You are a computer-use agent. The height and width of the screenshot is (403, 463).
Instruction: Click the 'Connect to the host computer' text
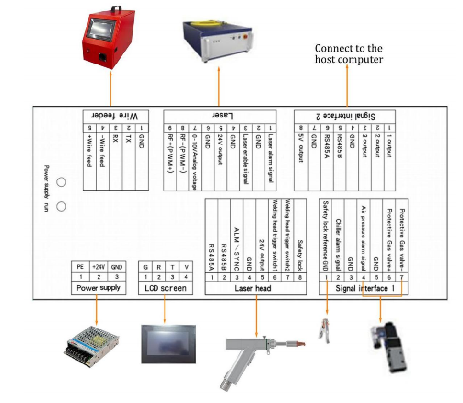(x=349, y=54)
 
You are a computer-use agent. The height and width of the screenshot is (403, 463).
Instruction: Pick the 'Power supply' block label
(x=98, y=288)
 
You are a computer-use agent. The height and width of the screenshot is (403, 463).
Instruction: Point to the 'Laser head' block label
(x=253, y=288)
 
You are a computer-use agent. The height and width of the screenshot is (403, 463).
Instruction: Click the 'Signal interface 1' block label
(x=362, y=288)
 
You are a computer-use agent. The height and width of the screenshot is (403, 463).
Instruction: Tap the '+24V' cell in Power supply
(x=98, y=267)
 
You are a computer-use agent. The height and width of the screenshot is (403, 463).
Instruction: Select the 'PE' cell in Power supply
(x=80, y=267)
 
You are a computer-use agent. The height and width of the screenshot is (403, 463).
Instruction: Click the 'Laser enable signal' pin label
(x=245, y=158)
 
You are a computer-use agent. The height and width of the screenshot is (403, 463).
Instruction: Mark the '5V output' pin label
(x=300, y=150)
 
